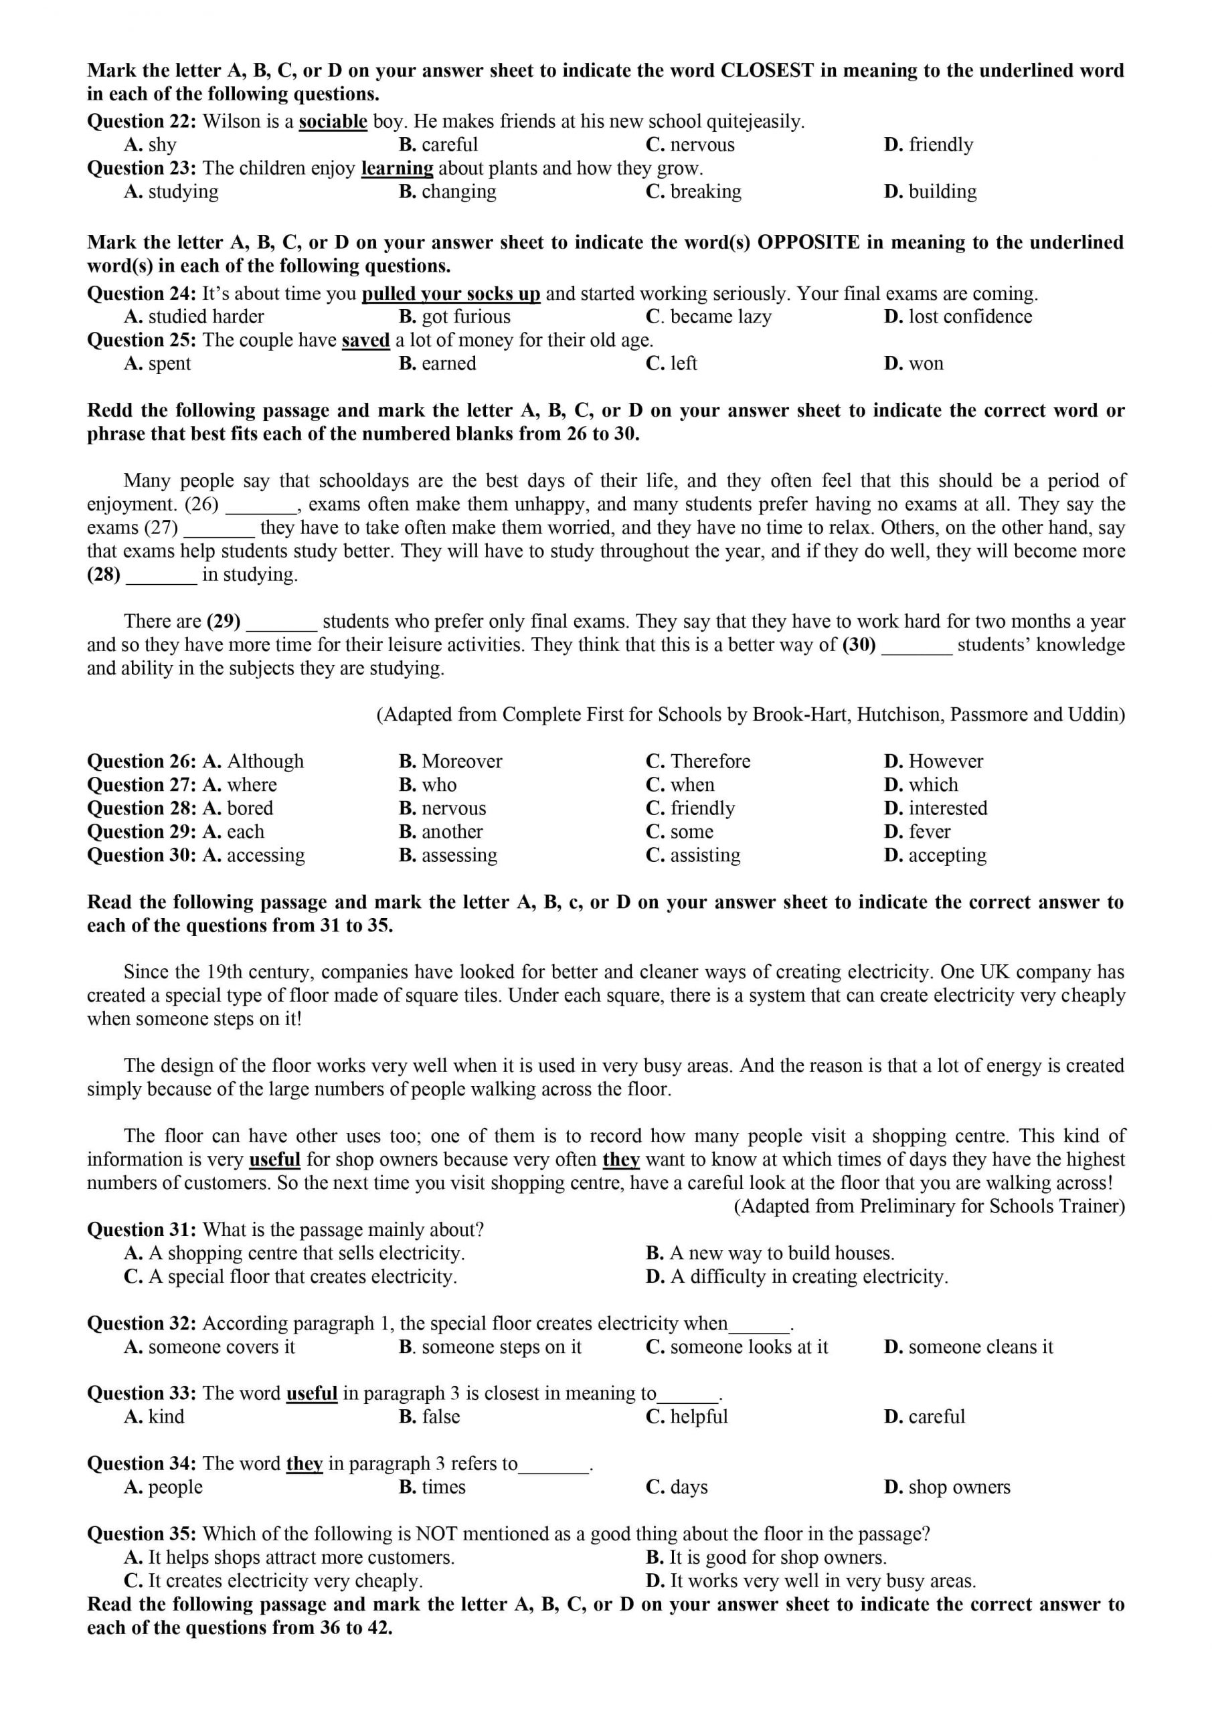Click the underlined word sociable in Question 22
333,122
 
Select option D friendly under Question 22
928,145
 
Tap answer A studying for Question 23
171,192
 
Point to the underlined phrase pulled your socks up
451,294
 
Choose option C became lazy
708,317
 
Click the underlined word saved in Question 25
365,341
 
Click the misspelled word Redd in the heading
109,411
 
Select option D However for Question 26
934,761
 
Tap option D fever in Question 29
918,832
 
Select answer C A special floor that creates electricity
291,1277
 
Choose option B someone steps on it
491,1347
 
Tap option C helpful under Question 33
687,1417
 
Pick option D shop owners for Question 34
947,1487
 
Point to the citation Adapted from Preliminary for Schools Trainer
929,1206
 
